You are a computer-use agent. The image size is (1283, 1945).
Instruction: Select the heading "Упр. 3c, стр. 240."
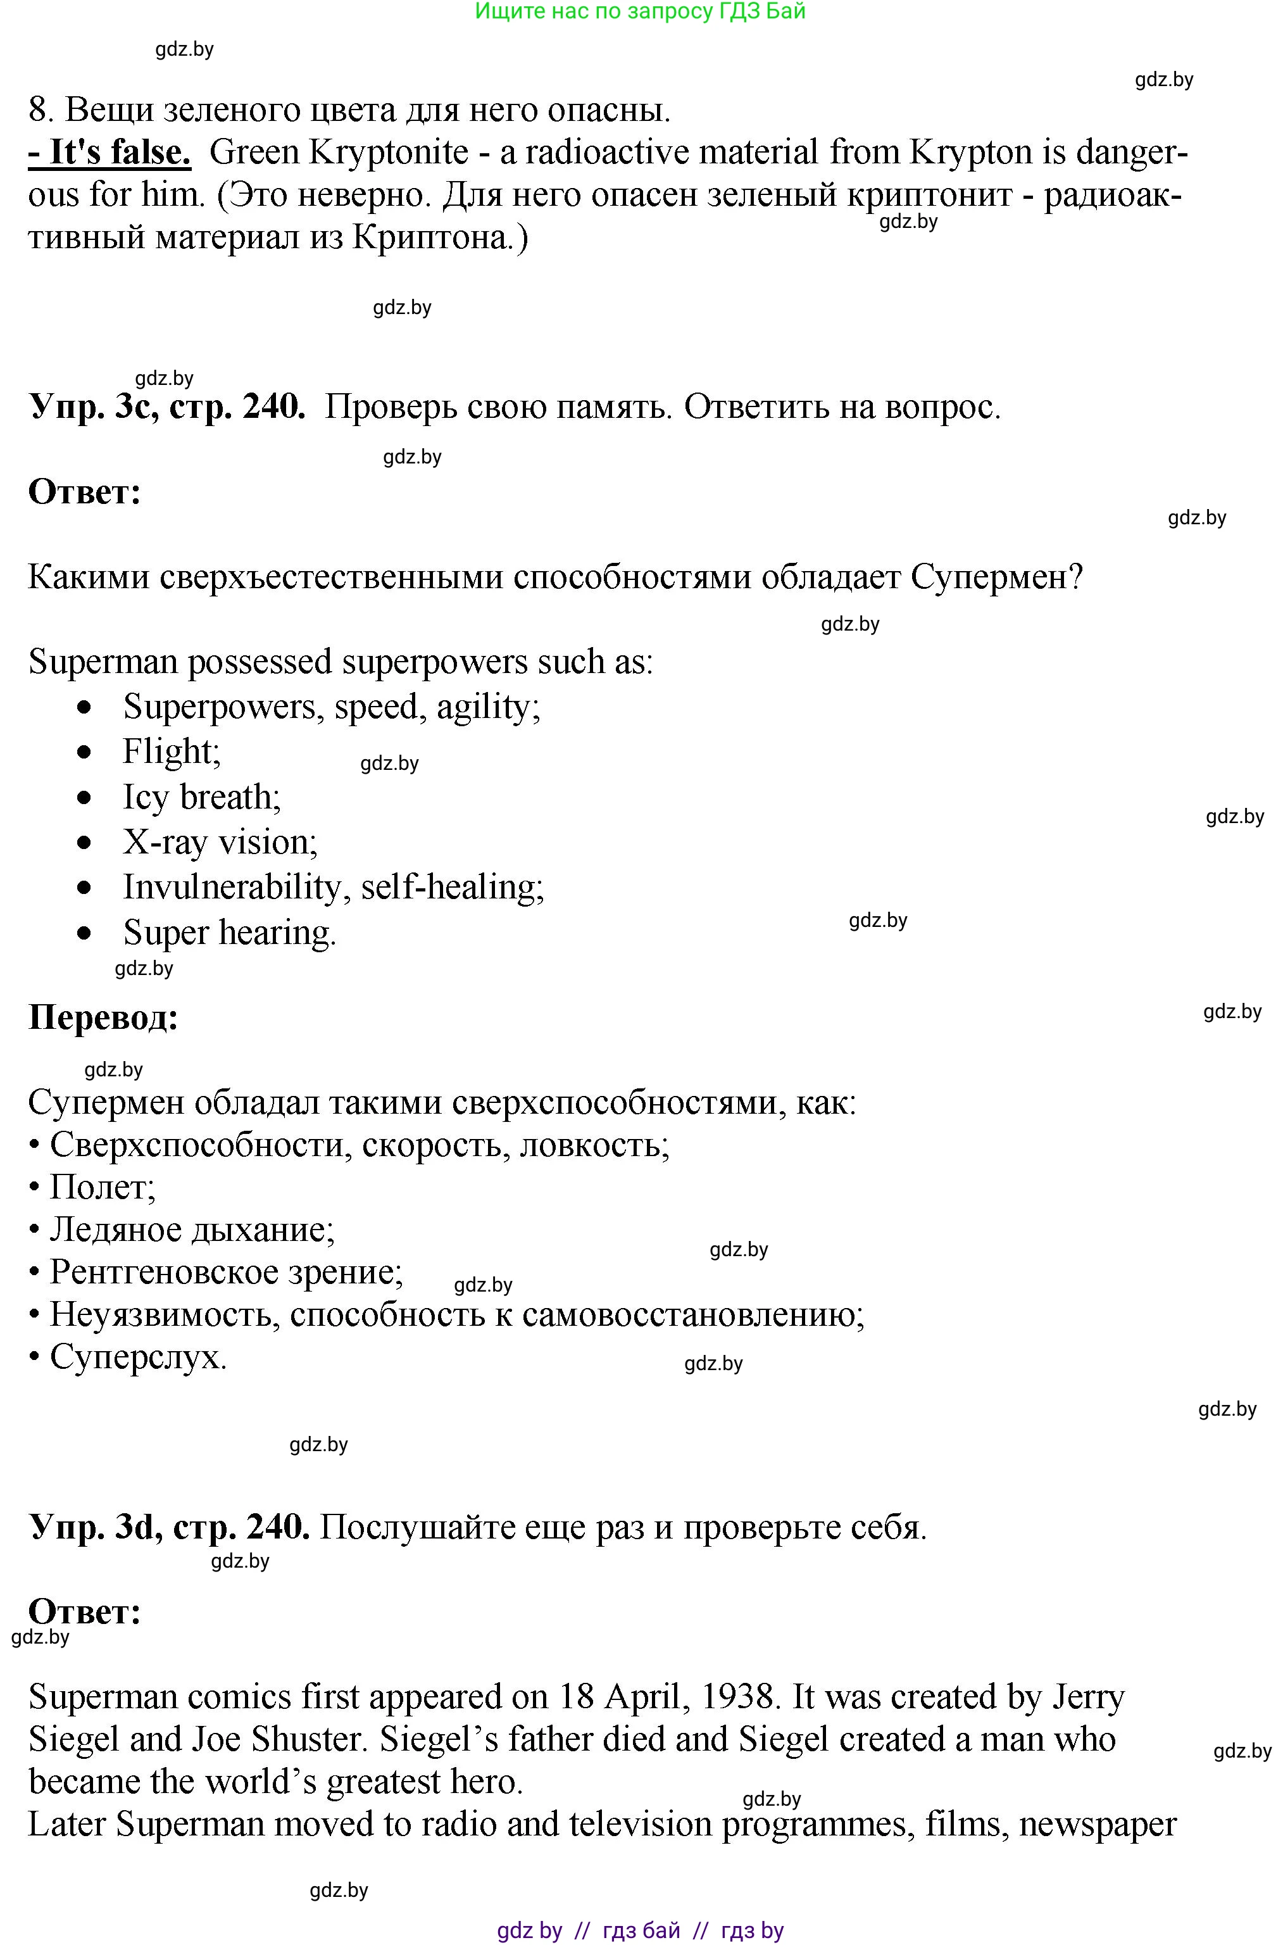[167, 406]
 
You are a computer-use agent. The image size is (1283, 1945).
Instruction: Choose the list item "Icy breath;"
[201, 797]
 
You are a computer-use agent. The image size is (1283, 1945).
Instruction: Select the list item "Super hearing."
[229, 933]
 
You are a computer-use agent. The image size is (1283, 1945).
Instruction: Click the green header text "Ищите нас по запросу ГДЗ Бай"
[640, 11]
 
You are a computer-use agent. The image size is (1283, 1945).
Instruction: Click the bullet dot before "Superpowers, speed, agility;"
[84, 707]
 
